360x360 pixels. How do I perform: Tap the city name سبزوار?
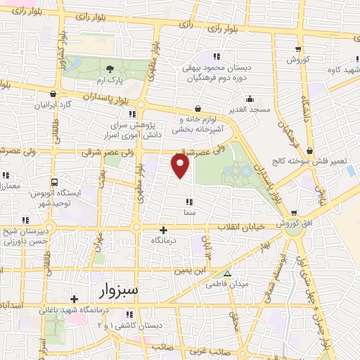click(x=116, y=289)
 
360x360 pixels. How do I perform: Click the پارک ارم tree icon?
click(x=109, y=68)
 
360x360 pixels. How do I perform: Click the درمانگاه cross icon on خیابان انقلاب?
click(x=164, y=230)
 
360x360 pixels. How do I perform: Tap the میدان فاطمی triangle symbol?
click(x=226, y=274)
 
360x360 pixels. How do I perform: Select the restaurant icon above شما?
click(x=189, y=202)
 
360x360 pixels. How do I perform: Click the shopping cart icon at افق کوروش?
click(x=295, y=213)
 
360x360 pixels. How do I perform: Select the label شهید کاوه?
click(x=340, y=68)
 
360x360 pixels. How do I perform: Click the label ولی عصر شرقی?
click(x=88, y=152)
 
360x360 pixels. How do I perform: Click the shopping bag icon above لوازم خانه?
click(x=197, y=108)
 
